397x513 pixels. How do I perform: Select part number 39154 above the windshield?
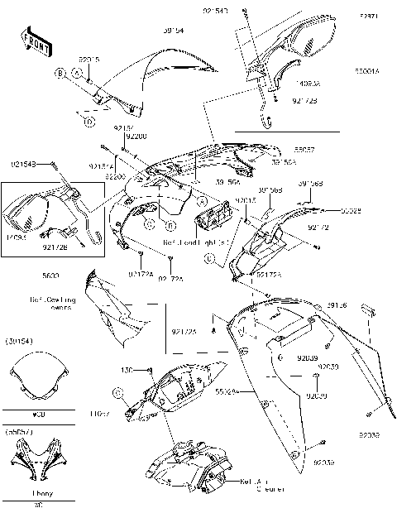[173, 30]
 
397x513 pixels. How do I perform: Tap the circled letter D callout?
[87, 120]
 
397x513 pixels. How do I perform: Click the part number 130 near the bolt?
[127, 369]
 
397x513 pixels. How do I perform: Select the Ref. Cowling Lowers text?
[54, 303]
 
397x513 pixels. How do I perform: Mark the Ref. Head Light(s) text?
[191, 242]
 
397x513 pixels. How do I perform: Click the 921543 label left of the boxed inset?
[26, 165]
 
